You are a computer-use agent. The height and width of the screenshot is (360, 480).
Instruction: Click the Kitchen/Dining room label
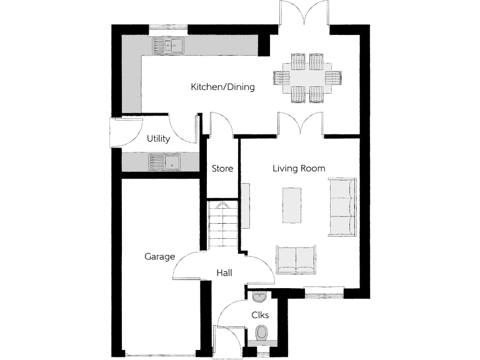[x=222, y=87]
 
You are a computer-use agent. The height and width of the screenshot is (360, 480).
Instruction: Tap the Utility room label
[x=158, y=139]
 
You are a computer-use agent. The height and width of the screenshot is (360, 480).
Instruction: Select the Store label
[x=222, y=169]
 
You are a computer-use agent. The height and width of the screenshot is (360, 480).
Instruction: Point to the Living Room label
[x=299, y=168]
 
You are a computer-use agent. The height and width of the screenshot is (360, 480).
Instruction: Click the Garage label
[x=159, y=256]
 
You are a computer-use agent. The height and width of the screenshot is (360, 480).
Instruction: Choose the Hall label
[x=224, y=273]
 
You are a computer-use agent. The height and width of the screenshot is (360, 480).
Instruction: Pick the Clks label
[x=260, y=315]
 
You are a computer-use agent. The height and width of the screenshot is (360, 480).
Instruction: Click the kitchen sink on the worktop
[x=167, y=46]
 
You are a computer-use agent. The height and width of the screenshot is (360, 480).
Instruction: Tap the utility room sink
[x=164, y=162]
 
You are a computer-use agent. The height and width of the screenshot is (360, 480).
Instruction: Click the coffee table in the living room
[x=292, y=204]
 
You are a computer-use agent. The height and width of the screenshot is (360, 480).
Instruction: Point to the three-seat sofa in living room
[x=342, y=207]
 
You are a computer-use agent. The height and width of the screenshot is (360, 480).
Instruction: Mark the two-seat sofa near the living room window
[x=296, y=259]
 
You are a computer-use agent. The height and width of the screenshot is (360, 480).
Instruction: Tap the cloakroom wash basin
[x=258, y=296]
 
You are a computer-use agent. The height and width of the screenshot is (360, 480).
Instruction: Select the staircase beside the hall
[x=222, y=225]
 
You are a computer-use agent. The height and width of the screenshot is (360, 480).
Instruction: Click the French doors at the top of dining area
[x=304, y=14]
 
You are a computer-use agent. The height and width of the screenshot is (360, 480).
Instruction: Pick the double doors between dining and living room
[x=301, y=123]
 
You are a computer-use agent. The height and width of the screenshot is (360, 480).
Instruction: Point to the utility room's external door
[x=116, y=132]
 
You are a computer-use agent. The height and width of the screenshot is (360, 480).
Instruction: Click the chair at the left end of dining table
[x=281, y=77]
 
